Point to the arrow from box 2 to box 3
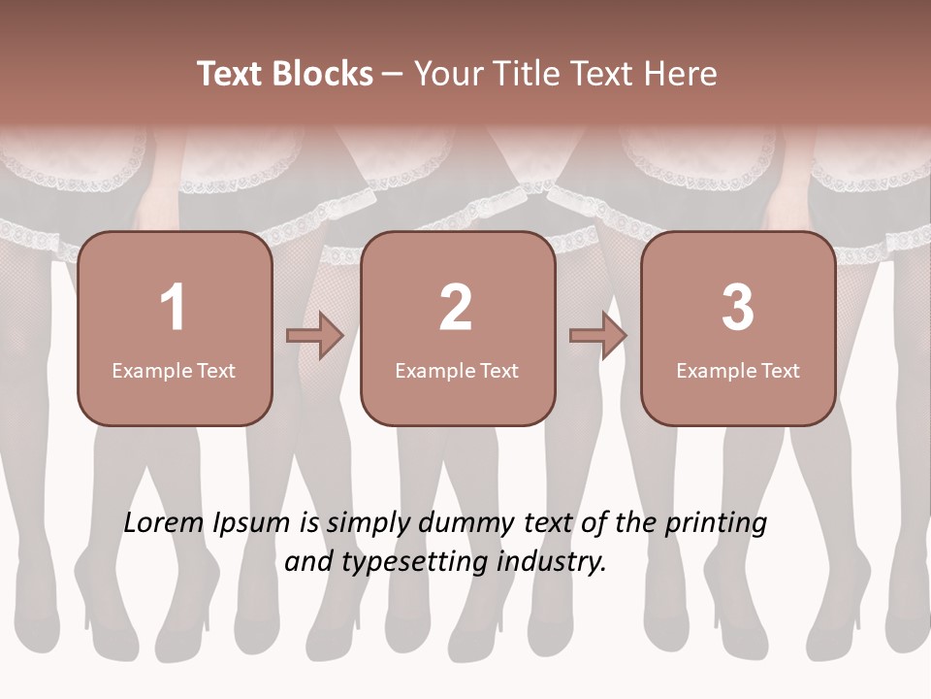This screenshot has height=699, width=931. pyautogui.click(x=598, y=336)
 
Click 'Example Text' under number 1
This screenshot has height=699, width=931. pyautogui.click(x=174, y=370)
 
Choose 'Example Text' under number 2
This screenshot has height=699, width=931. pyautogui.click(x=457, y=370)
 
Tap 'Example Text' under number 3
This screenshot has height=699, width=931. pyautogui.click(x=738, y=370)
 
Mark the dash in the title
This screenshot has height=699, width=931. pyautogui.click(x=393, y=74)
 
